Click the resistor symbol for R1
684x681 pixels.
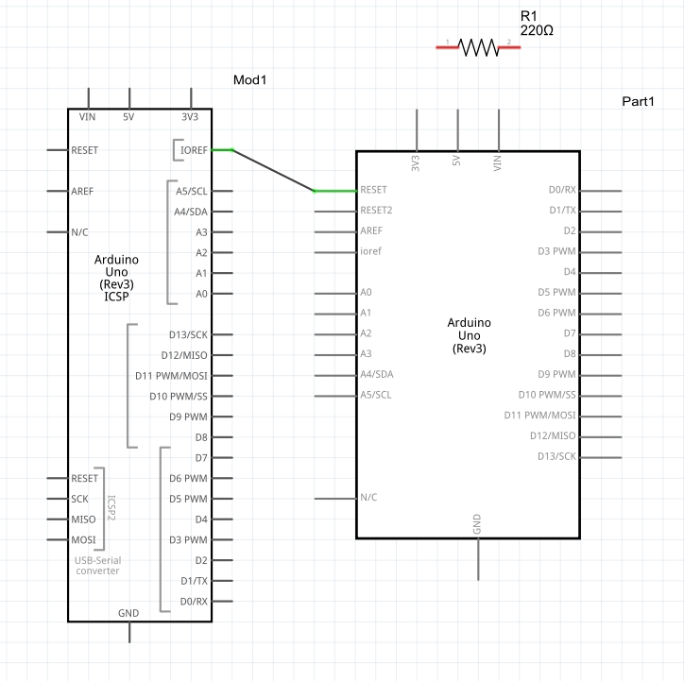tap(478, 46)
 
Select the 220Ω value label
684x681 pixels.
tap(537, 30)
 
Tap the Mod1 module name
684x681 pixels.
tap(250, 80)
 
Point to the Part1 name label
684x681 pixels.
tap(638, 101)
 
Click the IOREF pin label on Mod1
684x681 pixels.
tap(194, 149)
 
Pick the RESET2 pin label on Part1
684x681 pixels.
tap(376, 211)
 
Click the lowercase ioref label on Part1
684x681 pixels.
tap(371, 251)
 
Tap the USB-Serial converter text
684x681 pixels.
tap(98, 566)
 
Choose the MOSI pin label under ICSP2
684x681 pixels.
tap(83, 540)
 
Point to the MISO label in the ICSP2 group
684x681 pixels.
tap(83, 519)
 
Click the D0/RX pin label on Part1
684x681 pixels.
tap(562, 190)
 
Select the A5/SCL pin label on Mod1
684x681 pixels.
tap(192, 191)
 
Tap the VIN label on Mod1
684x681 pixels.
tap(88, 117)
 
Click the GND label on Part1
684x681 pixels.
tap(477, 523)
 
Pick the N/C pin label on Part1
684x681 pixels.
tap(369, 497)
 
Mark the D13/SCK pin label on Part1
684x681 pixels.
tap(555, 457)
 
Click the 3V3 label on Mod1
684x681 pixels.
tap(190, 117)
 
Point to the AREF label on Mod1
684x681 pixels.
tap(82, 191)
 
